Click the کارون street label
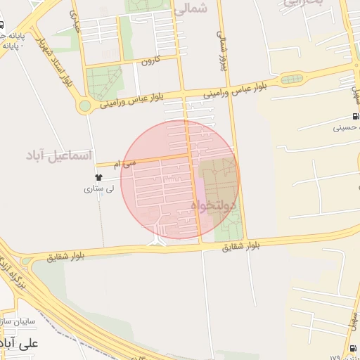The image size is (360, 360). (148, 60)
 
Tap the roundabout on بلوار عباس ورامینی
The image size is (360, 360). (85, 106)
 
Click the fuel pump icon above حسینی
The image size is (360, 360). (355, 117)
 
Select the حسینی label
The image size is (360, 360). (347, 128)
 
